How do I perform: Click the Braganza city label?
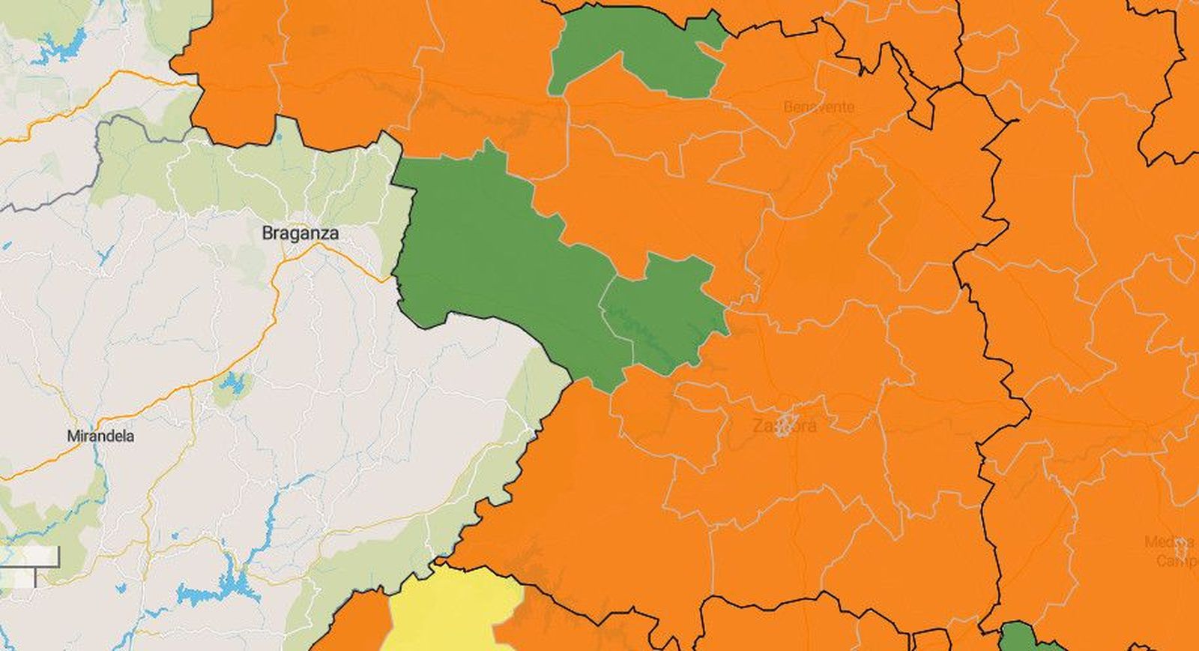300,233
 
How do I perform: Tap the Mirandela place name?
100,436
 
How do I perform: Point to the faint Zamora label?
784,426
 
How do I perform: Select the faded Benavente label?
818,107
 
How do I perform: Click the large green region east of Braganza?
495,262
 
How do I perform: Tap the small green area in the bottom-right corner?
1027,637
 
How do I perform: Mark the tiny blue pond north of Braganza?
278,139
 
